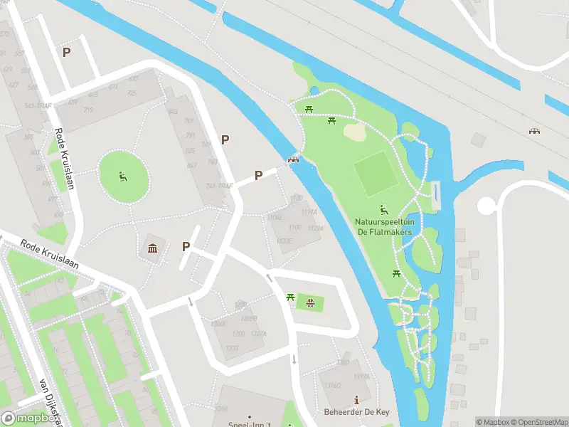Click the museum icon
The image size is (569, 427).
[x=153, y=248]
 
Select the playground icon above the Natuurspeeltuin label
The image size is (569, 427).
[x=383, y=209]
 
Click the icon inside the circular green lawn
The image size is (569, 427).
[x=123, y=176]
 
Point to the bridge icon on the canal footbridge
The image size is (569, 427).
[x=292, y=159]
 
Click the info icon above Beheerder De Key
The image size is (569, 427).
[x=356, y=401]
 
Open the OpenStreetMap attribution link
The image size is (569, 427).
[x=537, y=422]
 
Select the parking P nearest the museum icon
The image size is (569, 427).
[x=186, y=246]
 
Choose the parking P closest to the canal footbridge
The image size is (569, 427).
[x=259, y=175]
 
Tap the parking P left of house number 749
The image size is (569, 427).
[x=225, y=140]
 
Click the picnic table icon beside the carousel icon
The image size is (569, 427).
[x=290, y=297]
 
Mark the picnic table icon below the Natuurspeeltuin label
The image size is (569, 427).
[x=397, y=273]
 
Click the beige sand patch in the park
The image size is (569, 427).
[x=354, y=131]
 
